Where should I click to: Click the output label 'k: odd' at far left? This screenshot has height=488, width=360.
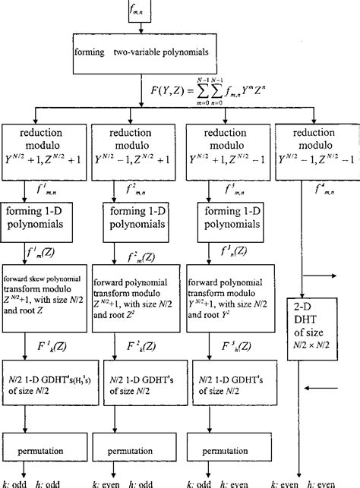click(15, 483)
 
